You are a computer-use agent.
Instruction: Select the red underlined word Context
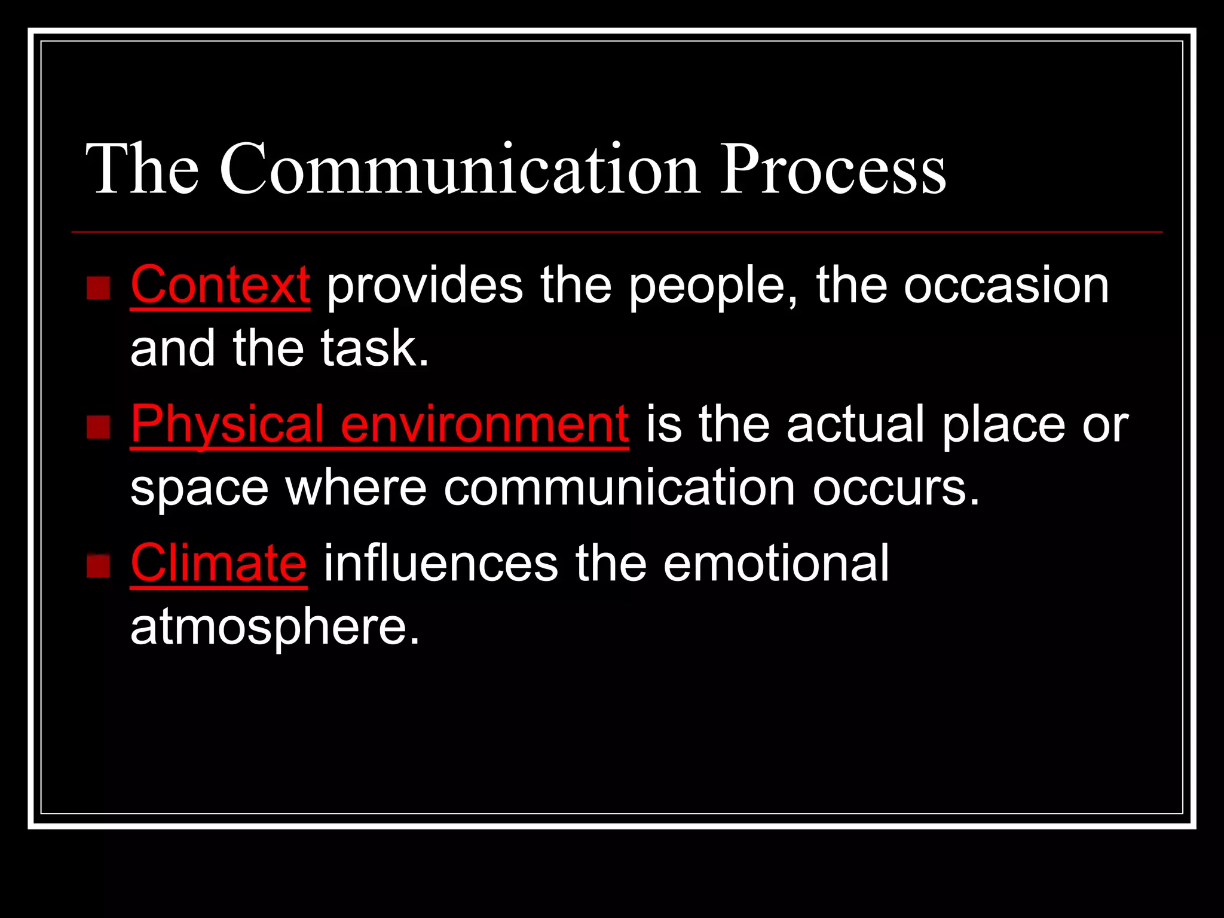[x=220, y=286]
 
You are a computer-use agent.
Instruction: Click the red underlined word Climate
[x=219, y=564]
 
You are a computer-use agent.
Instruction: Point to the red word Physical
[x=227, y=425]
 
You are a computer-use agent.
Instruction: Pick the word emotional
[x=776, y=564]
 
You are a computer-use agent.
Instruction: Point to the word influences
[x=440, y=564]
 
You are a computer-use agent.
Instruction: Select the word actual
[x=855, y=425]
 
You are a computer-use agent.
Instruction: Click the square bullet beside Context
[x=99, y=287]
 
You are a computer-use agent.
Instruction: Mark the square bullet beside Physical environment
[x=99, y=427]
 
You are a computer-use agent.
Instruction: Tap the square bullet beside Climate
[x=99, y=566]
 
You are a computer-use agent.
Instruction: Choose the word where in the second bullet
[x=356, y=488]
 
